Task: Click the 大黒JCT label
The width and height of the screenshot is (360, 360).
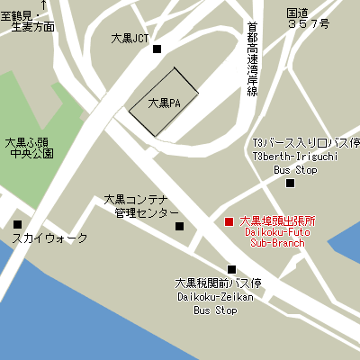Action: [129, 40]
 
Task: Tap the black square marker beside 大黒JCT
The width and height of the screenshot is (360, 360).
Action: [157, 49]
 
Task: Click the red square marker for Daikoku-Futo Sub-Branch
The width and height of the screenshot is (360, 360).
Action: [228, 221]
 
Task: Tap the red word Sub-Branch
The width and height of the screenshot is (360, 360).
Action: [277, 243]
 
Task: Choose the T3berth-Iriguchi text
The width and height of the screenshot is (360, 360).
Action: [282, 156]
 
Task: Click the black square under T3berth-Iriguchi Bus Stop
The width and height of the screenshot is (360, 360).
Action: [290, 184]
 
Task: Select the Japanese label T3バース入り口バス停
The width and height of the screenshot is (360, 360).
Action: [306, 143]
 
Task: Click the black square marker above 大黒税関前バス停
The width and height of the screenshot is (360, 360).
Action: [231, 269]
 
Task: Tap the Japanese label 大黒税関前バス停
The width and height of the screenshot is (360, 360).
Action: [218, 283]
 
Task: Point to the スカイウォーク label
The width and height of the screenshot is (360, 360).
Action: [50, 238]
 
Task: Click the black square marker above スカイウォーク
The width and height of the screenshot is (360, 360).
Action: [17, 224]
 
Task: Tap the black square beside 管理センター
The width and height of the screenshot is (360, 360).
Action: [178, 226]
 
